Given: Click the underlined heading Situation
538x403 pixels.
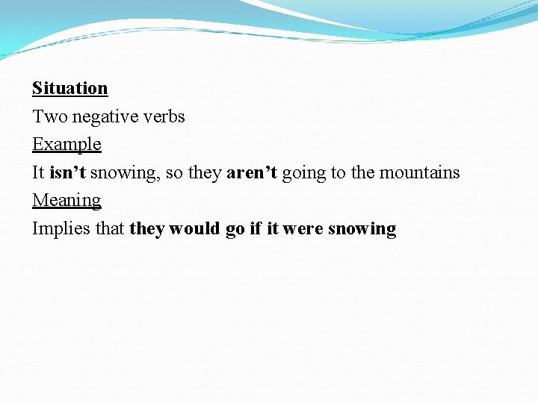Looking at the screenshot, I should coord(69,89).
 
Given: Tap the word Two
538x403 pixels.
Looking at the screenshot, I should coord(49,116).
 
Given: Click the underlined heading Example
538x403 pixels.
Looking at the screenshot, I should coord(67,144).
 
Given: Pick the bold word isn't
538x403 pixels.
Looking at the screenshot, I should coord(68,172).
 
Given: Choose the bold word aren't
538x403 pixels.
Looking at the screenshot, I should coord(252,172).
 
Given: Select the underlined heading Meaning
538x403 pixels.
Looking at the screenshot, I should coord(67,201).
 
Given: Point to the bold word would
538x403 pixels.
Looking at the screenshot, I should coord(196,228).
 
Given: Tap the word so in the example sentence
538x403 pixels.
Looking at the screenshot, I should coord(175,172).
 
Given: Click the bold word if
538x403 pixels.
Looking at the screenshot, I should coord(256,228).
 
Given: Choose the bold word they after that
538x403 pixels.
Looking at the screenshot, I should coord(147,229).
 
